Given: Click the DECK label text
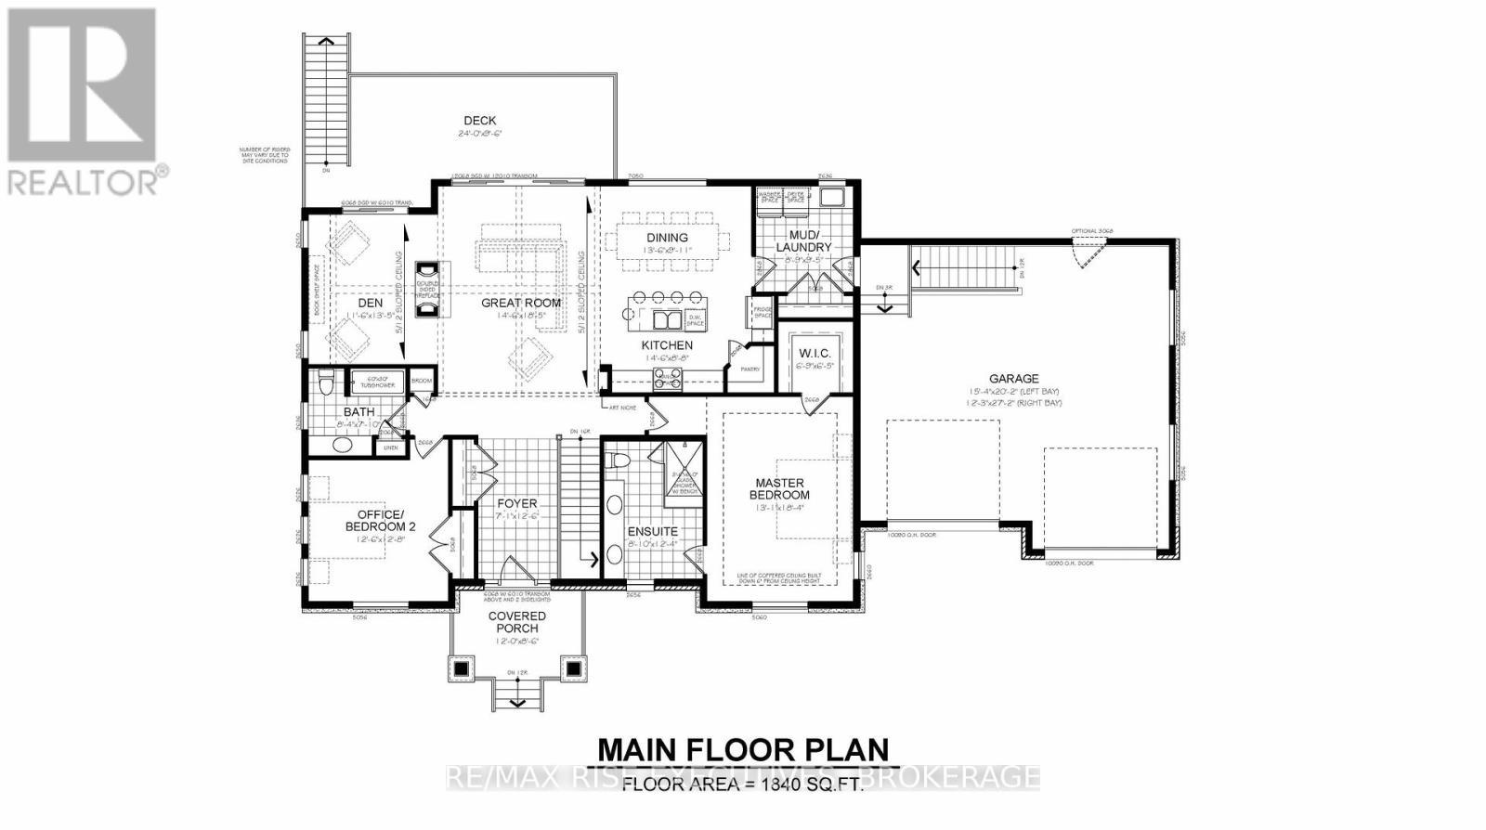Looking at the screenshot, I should click(x=479, y=121).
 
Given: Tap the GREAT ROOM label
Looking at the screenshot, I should click(x=520, y=303).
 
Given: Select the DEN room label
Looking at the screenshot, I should click(x=371, y=303).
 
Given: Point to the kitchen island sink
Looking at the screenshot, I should click(x=666, y=320).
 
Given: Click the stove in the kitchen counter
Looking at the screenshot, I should click(x=667, y=378).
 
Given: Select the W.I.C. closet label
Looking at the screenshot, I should click(x=815, y=355).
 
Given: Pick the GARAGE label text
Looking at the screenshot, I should click(x=1013, y=379).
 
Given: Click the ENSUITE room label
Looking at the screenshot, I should click(x=653, y=531).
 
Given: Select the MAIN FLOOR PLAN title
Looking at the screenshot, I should click(x=742, y=749).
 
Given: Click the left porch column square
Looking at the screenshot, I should click(x=462, y=668).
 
